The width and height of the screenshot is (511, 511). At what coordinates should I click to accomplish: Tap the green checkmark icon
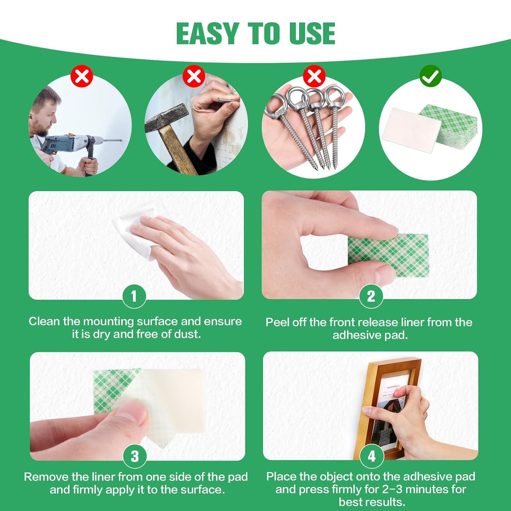(x=431, y=76)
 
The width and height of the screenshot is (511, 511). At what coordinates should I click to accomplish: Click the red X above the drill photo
(x=82, y=76)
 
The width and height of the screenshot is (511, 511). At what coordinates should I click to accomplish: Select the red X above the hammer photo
(x=194, y=76)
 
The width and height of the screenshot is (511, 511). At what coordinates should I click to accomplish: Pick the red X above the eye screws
(x=314, y=76)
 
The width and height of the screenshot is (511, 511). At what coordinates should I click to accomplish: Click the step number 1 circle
(x=134, y=296)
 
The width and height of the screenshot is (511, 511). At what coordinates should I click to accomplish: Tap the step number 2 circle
(x=371, y=296)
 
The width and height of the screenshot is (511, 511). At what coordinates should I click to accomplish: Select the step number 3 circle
(x=135, y=456)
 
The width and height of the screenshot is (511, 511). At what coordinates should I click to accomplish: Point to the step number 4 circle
(x=372, y=456)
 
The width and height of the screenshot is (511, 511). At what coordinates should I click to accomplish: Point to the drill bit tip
(x=120, y=140)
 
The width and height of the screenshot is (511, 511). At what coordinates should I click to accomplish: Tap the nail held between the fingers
(x=229, y=100)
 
